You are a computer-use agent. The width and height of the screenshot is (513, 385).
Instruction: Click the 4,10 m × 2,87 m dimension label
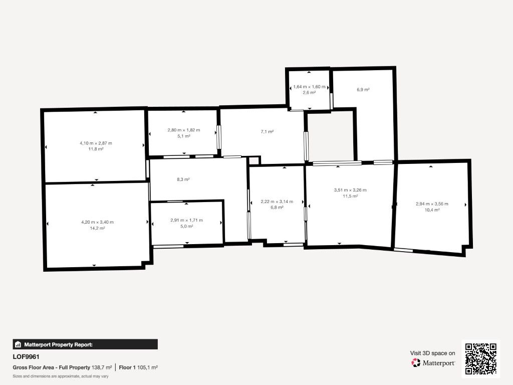(x=96, y=143)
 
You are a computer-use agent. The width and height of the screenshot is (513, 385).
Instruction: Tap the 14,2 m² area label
(x=97, y=228)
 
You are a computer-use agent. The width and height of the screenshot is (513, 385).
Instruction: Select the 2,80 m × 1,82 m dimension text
(x=183, y=130)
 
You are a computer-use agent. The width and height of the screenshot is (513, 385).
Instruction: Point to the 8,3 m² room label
(x=183, y=179)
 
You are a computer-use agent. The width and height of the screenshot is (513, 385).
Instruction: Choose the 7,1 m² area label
(x=267, y=131)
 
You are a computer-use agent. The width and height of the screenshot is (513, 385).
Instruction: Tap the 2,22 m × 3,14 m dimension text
(x=277, y=201)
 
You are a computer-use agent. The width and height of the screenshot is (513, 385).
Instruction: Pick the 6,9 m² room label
(x=363, y=89)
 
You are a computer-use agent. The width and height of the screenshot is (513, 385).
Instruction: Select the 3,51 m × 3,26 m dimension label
(x=350, y=190)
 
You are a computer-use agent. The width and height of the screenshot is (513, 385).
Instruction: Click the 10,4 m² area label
(x=432, y=210)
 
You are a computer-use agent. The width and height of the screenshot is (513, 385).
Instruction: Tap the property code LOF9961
(x=26, y=357)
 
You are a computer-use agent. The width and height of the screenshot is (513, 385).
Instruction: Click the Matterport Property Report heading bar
(x=85, y=344)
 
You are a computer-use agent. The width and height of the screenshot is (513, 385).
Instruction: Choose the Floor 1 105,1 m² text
(x=138, y=367)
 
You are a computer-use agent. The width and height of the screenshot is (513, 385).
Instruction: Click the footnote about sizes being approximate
(x=61, y=376)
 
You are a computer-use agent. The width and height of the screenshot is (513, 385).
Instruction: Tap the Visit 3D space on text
(x=432, y=353)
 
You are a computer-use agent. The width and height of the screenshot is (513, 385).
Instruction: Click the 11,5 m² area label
(x=350, y=196)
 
